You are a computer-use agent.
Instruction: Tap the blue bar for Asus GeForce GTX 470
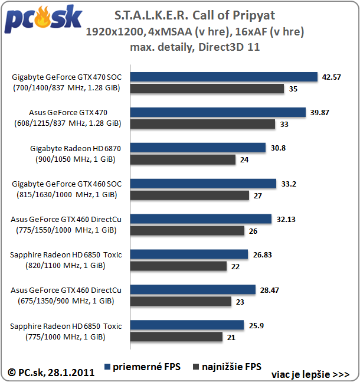[218, 112]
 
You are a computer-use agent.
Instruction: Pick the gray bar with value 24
[183, 159]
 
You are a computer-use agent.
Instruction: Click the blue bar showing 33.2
[203, 183]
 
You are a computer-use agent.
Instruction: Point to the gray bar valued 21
[176, 337]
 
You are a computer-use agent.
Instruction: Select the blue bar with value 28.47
[193, 289]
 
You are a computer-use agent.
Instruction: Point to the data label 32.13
[286, 218]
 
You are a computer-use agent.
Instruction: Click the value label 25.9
[256, 325]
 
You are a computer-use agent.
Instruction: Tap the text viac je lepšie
[310, 374]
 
